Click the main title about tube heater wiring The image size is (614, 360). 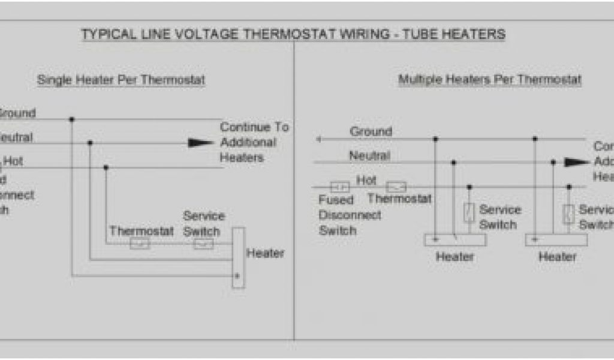[x=293, y=34]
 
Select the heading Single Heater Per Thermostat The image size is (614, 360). [x=121, y=80]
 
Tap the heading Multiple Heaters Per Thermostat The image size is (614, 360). [x=490, y=79]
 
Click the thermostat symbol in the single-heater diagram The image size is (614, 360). [x=139, y=244]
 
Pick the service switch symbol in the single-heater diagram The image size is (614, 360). [x=203, y=244]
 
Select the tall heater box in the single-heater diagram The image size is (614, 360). [x=238, y=257]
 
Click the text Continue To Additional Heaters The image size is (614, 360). [x=254, y=142]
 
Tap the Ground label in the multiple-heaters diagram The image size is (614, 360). [x=371, y=131]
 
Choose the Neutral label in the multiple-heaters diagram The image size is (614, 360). [x=369, y=156]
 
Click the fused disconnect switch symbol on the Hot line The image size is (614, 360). [x=339, y=187]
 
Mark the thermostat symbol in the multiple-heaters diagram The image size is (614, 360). [x=396, y=187]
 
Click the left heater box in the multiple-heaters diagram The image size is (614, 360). [x=455, y=240]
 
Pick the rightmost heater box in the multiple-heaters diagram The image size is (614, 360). [x=556, y=240]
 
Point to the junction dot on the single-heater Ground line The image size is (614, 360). [x=71, y=119]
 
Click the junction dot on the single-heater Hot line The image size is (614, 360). [x=106, y=167]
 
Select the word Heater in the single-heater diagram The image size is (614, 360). [x=265, y=253]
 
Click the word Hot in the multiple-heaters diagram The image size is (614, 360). [x=366, y=179]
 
